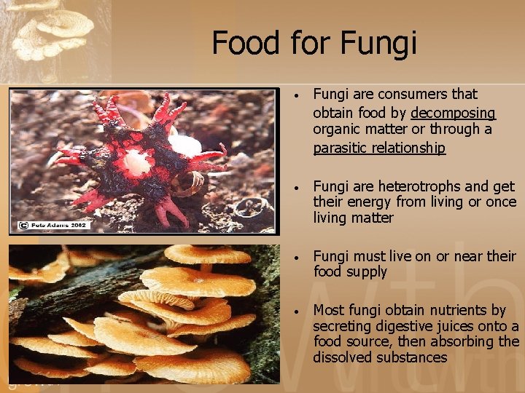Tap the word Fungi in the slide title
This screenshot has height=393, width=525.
pos(379,44)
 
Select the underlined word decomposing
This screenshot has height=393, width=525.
pos(453,113)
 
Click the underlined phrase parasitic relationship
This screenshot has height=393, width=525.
pos(378,148)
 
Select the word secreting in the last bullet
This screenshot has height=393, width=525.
pos(342,326)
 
